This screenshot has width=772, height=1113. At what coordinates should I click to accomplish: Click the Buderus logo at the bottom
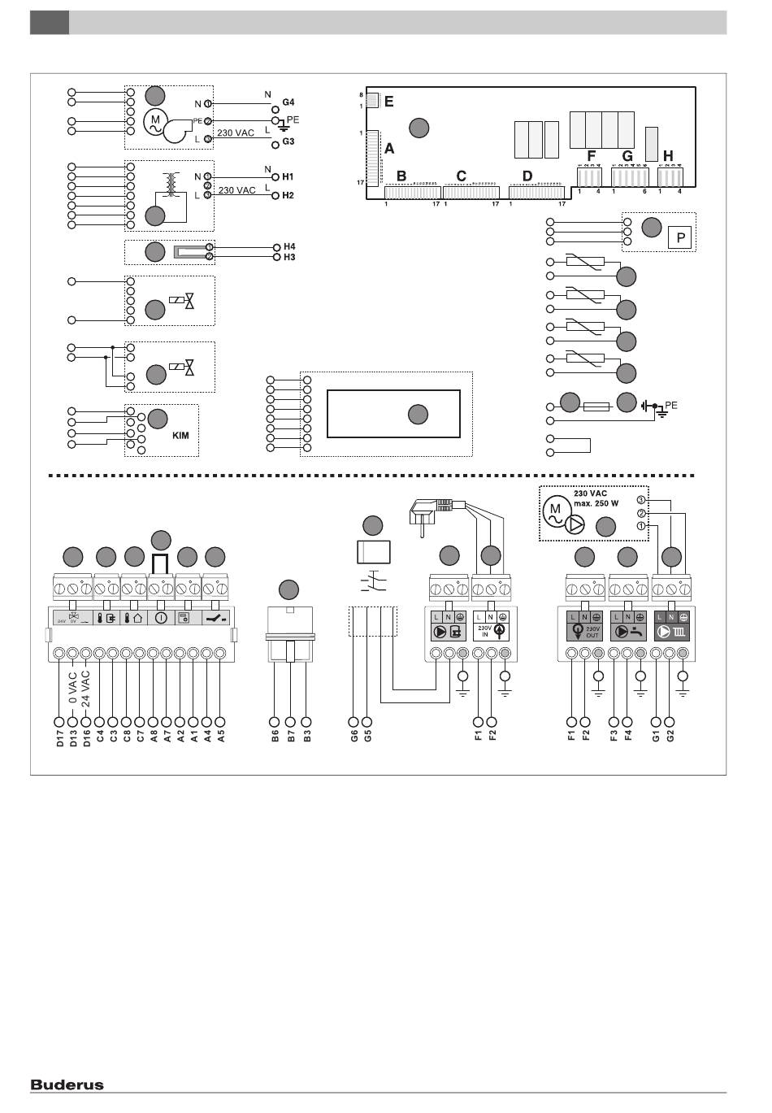(67, 1084)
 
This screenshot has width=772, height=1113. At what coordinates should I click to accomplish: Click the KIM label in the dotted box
(180, 436)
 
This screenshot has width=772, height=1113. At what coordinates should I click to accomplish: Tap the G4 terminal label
(288, 102)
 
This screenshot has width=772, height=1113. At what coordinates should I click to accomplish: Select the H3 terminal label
(289, 257)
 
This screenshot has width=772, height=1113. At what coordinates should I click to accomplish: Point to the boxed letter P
(681, 238)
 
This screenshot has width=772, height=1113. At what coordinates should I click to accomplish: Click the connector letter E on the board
(388, 102)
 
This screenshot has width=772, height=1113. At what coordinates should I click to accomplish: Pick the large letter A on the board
(389, 149)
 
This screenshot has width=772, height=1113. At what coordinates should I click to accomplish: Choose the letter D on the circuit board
(527, 176)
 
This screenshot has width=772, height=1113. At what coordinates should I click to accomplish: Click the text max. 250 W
(596, 504)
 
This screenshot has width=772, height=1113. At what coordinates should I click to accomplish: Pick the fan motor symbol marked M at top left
(155, 123)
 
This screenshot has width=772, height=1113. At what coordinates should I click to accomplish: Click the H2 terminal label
(288, 196)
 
